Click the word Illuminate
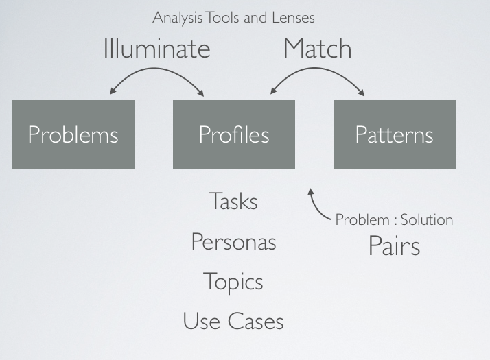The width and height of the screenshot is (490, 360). click(156, 49)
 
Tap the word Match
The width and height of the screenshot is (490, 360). click(317, 49)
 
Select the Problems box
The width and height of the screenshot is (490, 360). click(73, 134)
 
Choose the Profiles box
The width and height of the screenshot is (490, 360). click(234, 134)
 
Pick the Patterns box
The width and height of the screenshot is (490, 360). click(395, 134)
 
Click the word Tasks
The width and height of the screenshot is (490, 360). click(233, 202)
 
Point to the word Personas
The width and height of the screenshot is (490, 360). click(233, 242)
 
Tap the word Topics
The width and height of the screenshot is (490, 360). click(233, 282)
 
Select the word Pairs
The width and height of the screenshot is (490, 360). click(394, 245)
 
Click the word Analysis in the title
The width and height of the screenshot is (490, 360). click(176, 17)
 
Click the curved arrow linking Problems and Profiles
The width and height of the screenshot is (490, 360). click(157, 73)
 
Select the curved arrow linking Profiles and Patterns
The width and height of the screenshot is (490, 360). click(317, 73)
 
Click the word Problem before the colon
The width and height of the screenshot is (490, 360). click(362, 220)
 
